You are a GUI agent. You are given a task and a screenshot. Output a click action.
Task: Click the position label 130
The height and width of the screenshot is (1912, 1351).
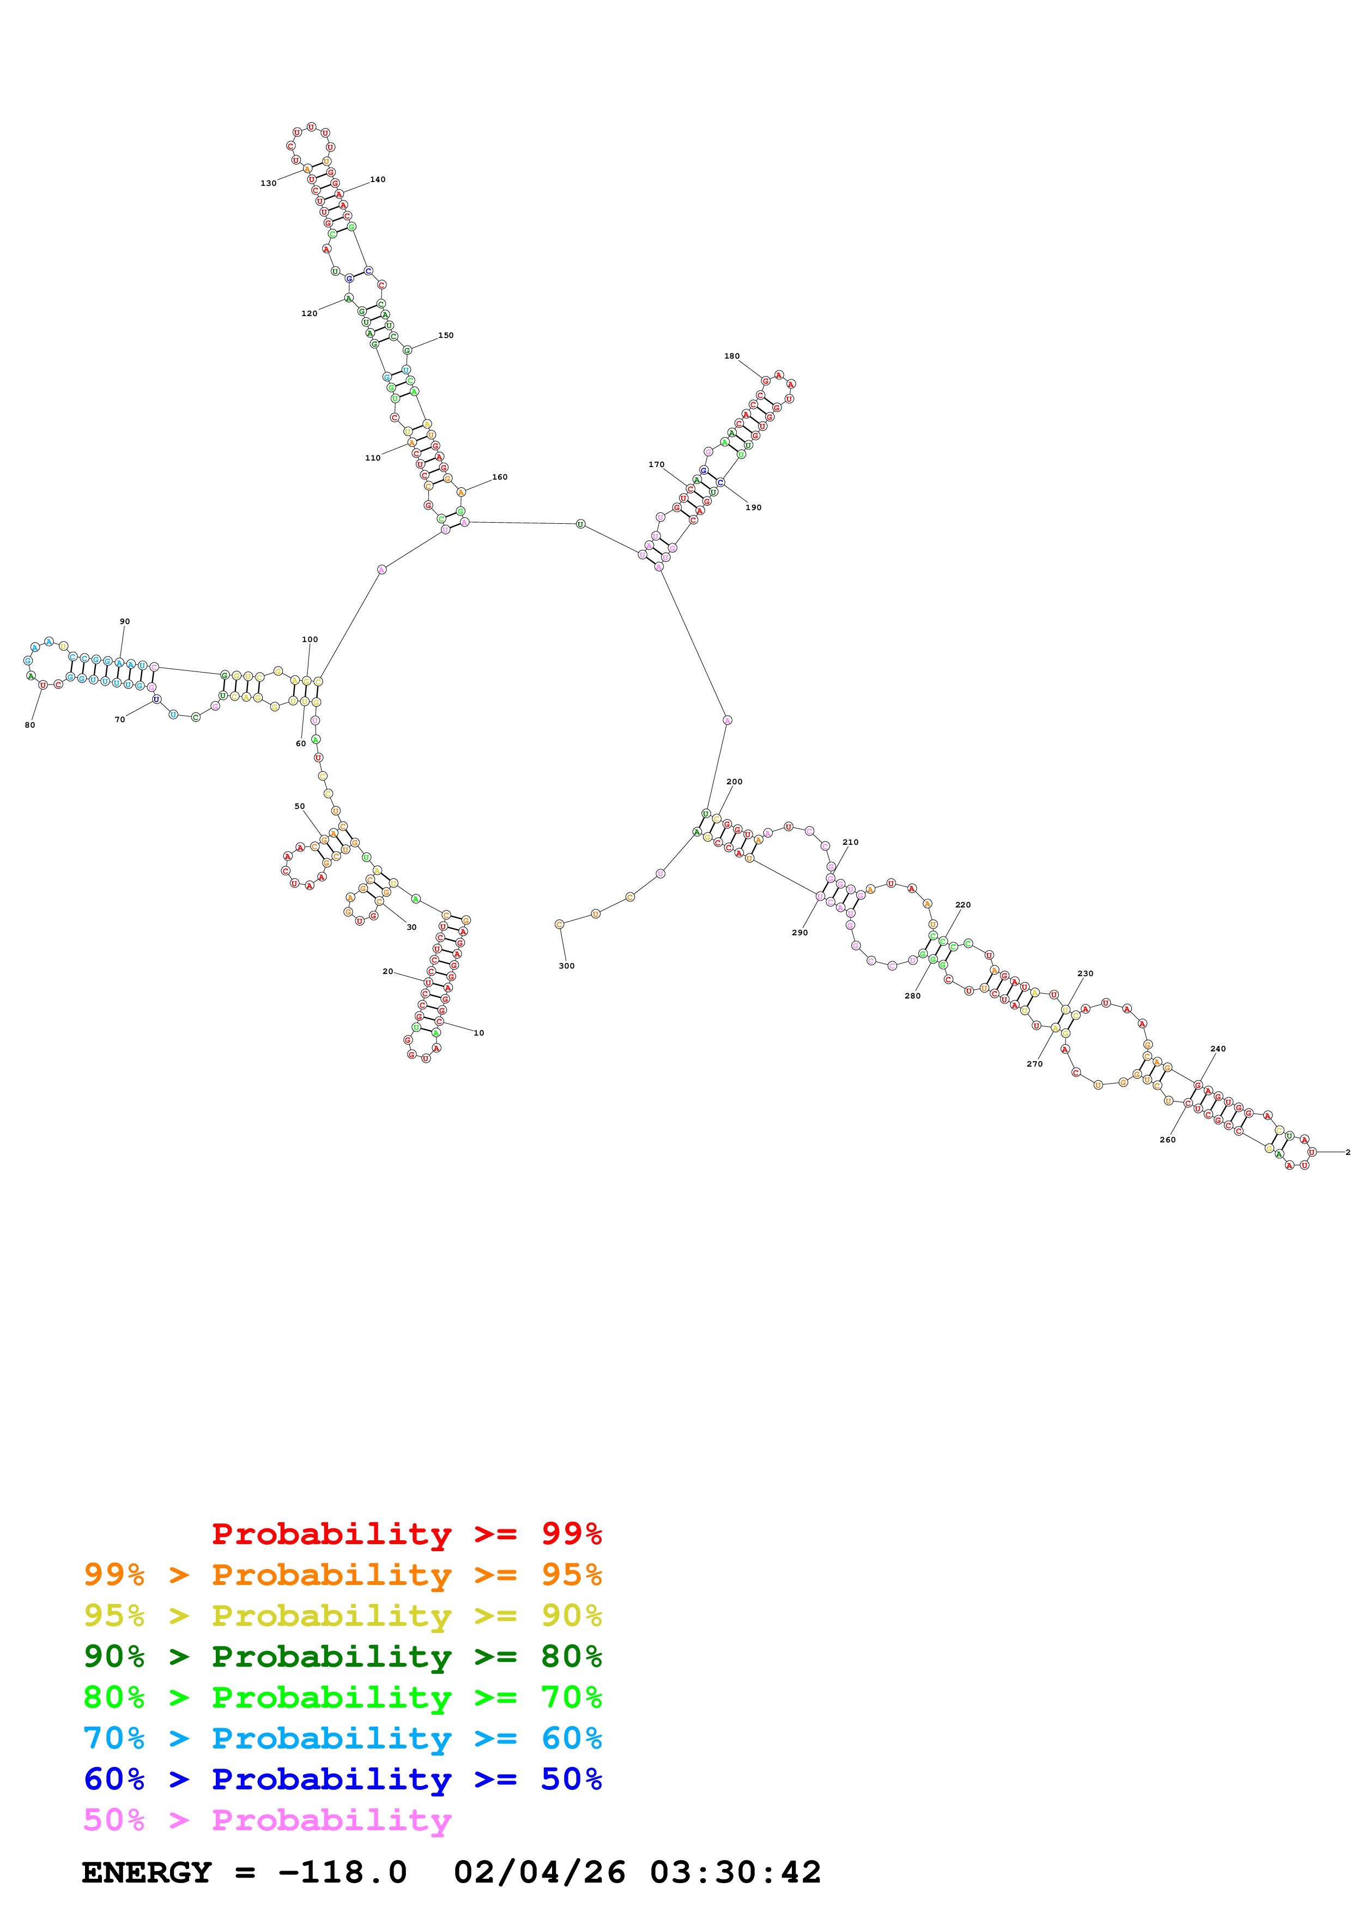(x=268, y=183)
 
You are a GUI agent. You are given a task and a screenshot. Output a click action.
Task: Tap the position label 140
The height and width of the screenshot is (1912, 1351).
(x=377, y=179)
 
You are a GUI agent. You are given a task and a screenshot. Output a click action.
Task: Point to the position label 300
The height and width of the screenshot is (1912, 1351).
(x=566, y=966)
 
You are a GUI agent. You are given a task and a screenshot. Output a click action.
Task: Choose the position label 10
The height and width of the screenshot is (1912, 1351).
(x=478, y=1033)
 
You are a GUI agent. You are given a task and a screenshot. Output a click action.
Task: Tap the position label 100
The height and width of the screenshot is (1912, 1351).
(x=310, y=639)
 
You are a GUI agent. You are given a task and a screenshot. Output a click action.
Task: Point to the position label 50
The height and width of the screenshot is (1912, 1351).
(x=300, y=806)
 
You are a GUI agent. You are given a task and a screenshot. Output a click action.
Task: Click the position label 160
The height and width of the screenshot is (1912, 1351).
(x=499, y=477)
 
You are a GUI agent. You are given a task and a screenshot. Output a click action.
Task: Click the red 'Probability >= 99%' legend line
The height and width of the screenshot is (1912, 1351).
(x=406, y=1534)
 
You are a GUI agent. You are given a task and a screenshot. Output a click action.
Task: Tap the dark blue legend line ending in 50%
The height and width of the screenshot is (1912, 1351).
(x=342, y=1779)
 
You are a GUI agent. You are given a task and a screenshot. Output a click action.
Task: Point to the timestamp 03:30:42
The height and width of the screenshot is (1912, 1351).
(x=735, y=1872)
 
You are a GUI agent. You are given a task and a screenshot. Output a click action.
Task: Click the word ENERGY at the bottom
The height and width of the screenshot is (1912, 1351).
(x=147, y=1872)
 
